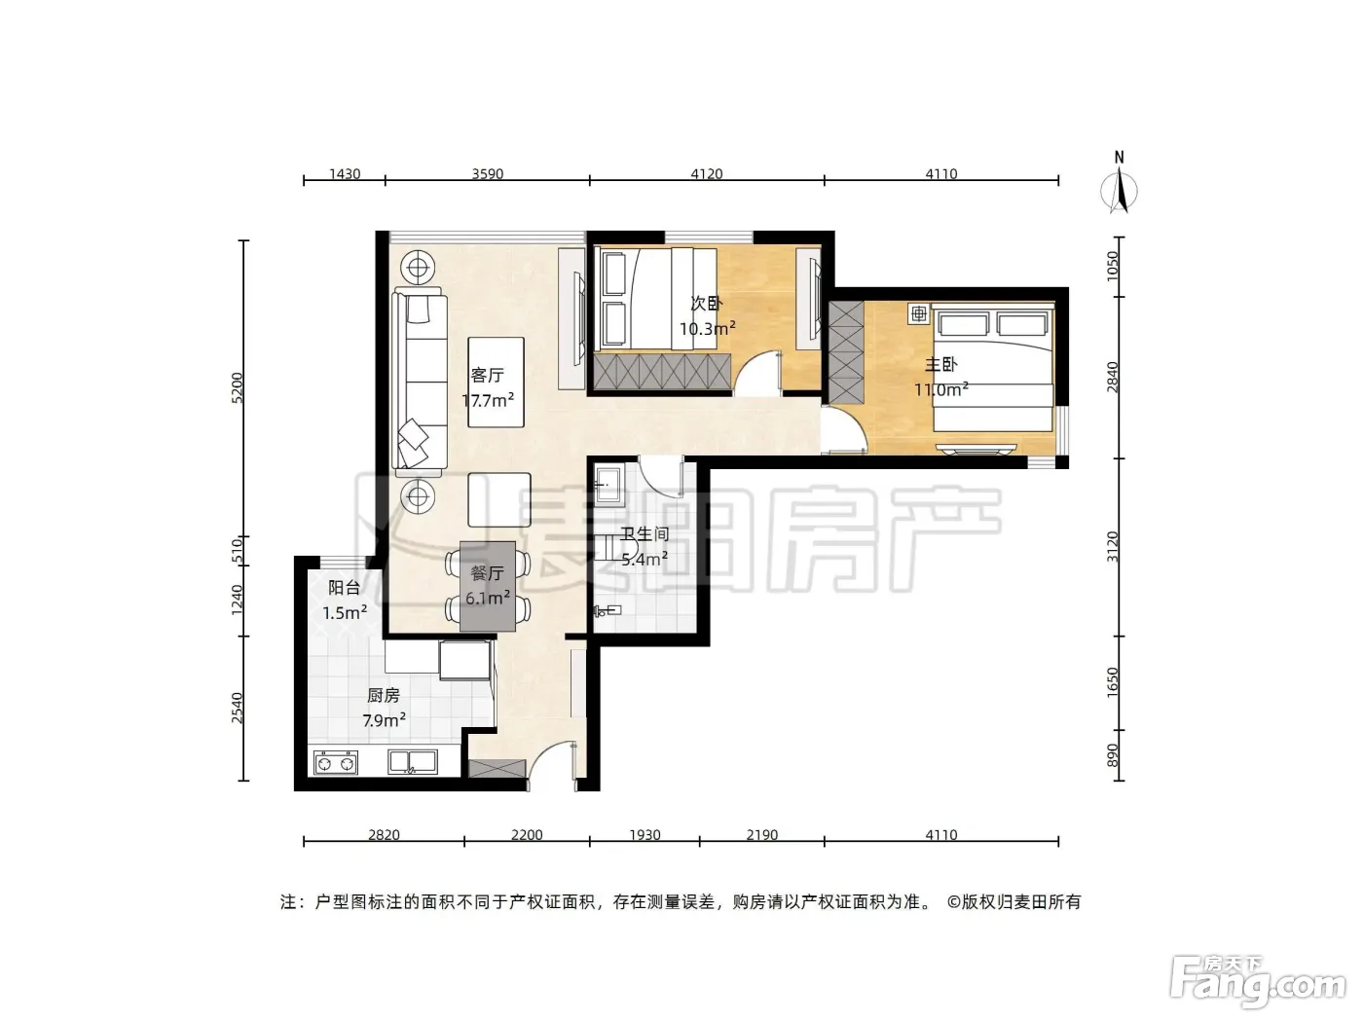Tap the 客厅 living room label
[x=487, y=376]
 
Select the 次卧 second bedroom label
[x=707, y=304]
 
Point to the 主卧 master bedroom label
[x=940, y=364]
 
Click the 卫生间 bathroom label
[x=645, y=533]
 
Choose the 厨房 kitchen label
[x=384, y=696]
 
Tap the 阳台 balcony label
[x=344, y=588]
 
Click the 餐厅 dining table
[x=488, y=586]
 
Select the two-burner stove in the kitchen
[x=335, y=763]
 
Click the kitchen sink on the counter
[x=413, y=762]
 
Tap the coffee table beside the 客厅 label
[x=496, y=383]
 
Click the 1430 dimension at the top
[x=345, y=174]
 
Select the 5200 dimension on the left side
[x=238, y=388]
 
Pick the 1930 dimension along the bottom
[x=645, y=834]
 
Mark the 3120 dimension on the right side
[x=1112, y=547]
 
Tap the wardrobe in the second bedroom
[x=662, y=372]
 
